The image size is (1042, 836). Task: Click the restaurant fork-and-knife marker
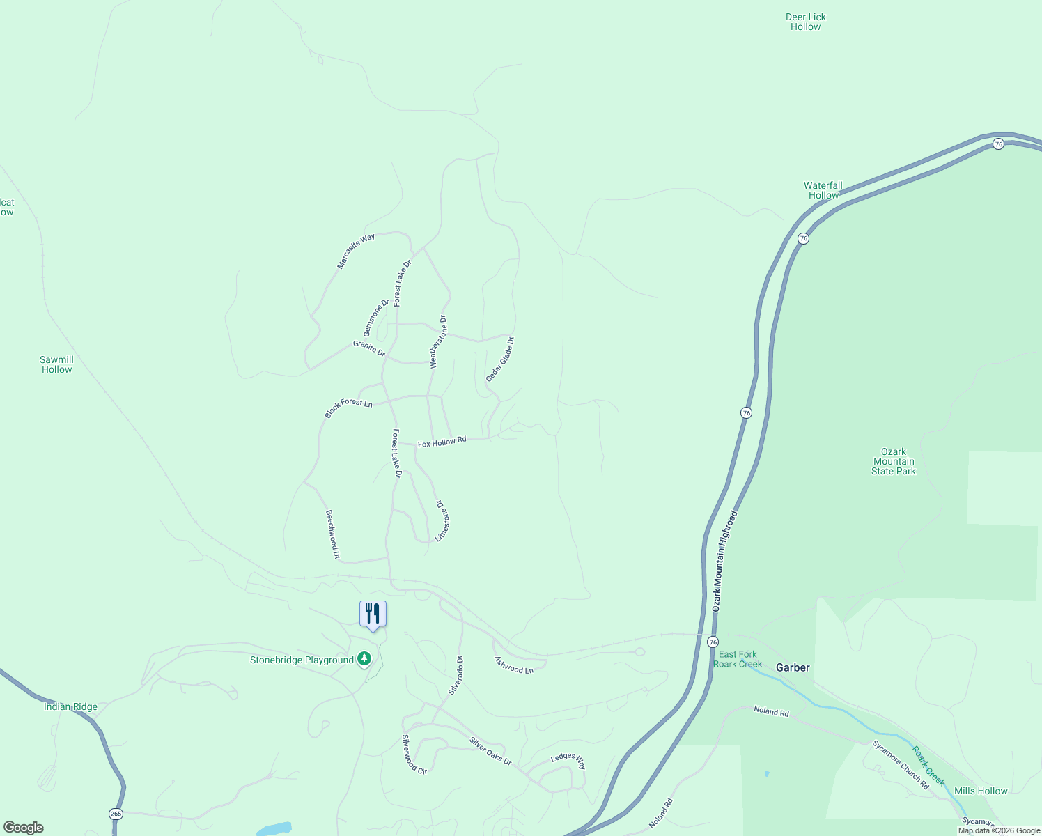373,614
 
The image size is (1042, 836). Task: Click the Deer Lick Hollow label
806,22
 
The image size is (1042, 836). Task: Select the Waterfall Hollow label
823,190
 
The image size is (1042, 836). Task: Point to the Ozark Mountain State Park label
894,461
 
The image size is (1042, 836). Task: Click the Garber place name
793,667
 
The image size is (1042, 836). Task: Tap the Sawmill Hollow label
56,364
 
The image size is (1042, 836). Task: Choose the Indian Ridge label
70,706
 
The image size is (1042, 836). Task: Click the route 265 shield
116,814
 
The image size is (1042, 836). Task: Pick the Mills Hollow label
981,791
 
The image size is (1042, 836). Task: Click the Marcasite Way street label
356,251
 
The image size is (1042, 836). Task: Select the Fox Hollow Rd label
442,442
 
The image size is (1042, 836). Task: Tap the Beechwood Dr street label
332,534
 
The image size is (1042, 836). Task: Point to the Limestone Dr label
442,520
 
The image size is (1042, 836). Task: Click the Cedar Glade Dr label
500,359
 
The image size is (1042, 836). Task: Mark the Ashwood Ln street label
514,665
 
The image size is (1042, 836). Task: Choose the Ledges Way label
568,760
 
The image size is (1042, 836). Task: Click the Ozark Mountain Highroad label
724,562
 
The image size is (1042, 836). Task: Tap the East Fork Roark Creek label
738,659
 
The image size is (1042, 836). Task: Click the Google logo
24,828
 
